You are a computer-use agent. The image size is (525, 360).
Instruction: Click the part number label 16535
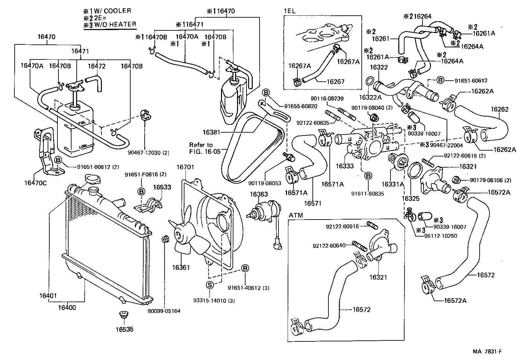[x=124, y=330]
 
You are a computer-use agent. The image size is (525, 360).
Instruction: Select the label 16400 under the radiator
[x=67, y=307]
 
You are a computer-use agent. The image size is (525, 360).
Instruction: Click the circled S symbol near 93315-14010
[x=210, y=285]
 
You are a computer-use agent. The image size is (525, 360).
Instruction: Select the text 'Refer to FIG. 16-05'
[x=205, y=148]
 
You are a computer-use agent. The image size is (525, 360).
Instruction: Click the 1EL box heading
[x=290, y=11]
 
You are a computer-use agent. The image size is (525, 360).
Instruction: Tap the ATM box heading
[x=296, y=215]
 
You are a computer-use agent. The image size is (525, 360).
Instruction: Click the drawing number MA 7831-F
[x=487, y=352]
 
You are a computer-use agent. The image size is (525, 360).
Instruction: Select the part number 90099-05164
[x=164, y=311]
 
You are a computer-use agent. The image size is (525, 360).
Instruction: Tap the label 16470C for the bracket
[x=35, y=183]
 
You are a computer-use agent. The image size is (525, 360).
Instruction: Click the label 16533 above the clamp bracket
[x=162, y=187]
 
